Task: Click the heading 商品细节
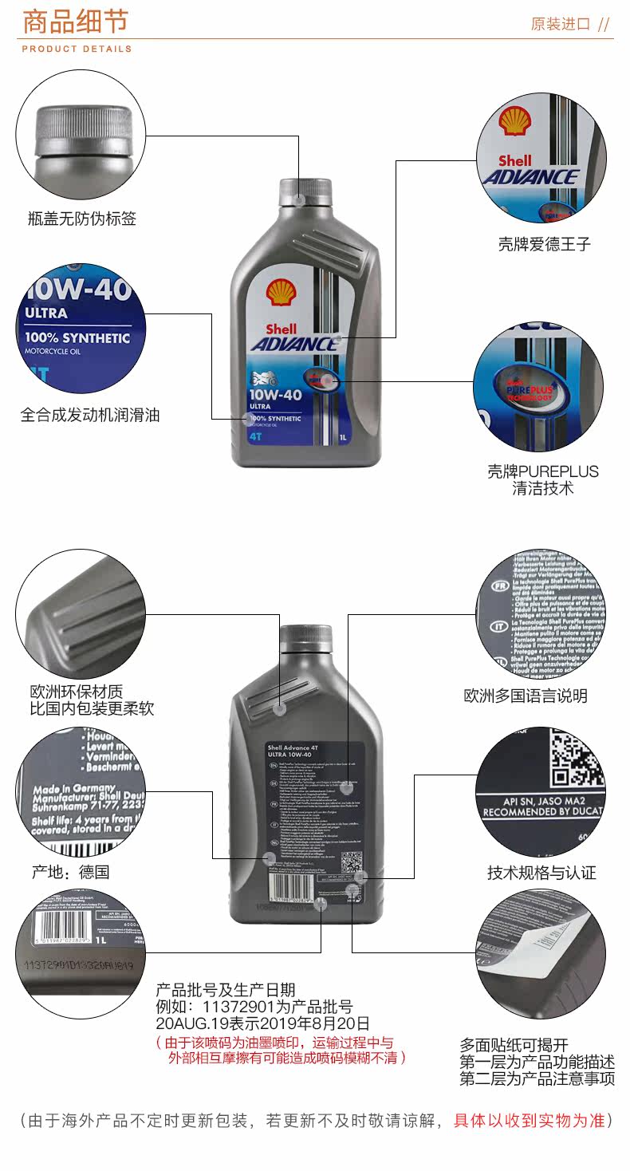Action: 75,22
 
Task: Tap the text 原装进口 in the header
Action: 561,24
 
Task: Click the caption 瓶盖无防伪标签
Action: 82,218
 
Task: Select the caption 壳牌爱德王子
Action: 544,244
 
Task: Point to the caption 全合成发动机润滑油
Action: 90,415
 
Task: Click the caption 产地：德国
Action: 70,872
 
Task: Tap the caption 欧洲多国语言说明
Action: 526,696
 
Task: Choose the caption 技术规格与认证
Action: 541,872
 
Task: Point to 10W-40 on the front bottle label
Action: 275,393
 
